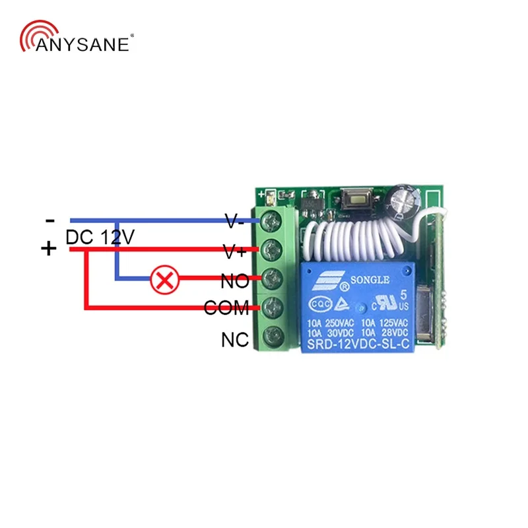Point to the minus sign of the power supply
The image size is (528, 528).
pos(50,220)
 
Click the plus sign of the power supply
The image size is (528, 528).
pos(49,249)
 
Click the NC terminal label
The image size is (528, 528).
pos(234,340)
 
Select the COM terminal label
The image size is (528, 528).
pos(226,308)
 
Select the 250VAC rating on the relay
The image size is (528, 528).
pos(339,321)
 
